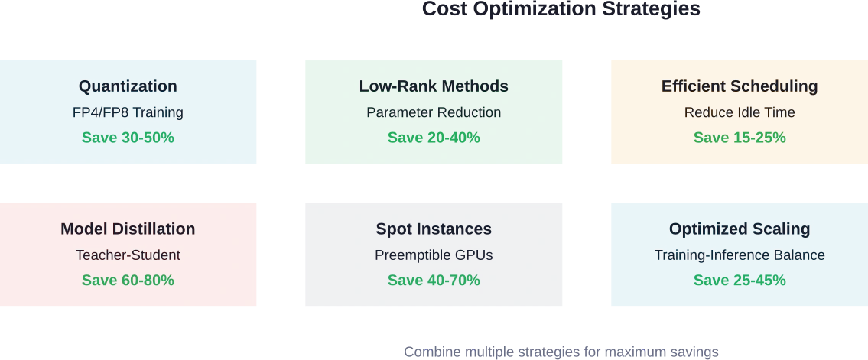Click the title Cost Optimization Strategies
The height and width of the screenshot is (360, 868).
[561, 9]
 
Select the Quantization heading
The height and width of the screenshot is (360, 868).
[128, 86]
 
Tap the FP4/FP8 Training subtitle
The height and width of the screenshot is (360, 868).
[128, 113]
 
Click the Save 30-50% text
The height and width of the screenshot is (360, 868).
[128, 138]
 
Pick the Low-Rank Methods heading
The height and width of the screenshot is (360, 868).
[434, 86]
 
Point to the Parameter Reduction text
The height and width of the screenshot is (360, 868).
[434, 113]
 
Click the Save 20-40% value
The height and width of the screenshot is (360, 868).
[434, 138]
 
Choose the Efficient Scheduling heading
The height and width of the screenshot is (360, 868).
[740, 86]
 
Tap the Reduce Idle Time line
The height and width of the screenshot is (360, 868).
[740, 113]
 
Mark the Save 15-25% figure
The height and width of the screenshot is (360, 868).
[740, 138]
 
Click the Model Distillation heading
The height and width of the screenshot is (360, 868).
[128, 229]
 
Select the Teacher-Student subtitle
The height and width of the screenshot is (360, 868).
[128, 255]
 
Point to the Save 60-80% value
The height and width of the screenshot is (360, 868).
[128, 281]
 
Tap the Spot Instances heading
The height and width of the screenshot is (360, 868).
[434, 229]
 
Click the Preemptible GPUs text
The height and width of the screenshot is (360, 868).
[434, 255]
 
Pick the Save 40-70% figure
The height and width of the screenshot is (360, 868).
[434, 281]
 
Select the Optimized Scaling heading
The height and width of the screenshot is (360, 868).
[740, 229]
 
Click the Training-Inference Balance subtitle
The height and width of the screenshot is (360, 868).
[740, 255]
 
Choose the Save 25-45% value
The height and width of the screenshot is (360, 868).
[740, 281]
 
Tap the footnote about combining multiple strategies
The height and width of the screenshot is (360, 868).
[561, 352]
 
